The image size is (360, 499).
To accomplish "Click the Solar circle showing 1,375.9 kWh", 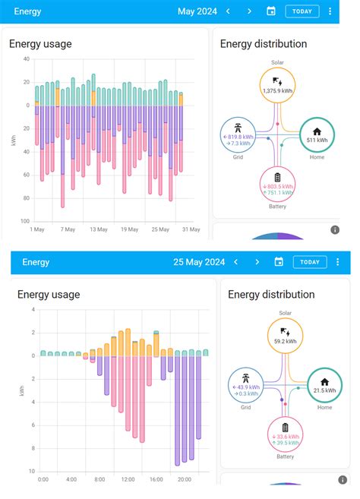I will pos(278,86).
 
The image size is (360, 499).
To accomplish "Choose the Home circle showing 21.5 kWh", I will pos(324,386).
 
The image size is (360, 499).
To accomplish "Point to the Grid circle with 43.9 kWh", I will pos(245,386).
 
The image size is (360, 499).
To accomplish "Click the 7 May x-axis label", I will pos(68,229).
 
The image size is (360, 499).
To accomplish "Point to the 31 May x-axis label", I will pos(191,229).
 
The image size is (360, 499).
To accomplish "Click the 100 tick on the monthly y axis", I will pos(25,221).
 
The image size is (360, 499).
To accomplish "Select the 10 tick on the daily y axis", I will pos(33,472).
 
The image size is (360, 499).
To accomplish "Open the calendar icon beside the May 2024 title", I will pos(271,11).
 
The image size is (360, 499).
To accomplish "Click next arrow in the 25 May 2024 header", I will pos(257,262).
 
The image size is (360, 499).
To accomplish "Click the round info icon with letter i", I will pos(334,229).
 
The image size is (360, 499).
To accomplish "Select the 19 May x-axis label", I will pos(129,229).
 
